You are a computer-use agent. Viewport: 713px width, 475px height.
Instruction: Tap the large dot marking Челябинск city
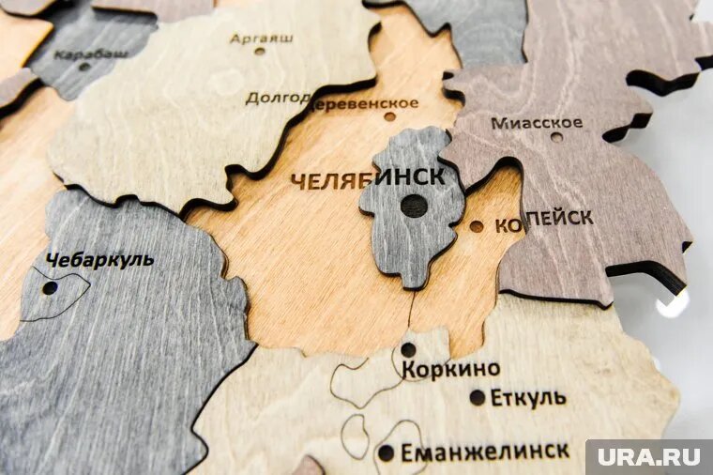point(414,206)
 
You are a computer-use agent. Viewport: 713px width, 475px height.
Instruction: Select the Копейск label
point(543,220)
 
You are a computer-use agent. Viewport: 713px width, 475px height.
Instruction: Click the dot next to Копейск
point(477,226)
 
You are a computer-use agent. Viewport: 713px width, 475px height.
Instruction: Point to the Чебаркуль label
point(99,260)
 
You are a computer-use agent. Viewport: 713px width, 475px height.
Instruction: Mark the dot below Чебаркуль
point(49,288)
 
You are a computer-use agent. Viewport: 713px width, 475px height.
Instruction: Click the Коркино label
point(451,369)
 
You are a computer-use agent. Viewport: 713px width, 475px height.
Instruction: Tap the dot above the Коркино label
point(408,350)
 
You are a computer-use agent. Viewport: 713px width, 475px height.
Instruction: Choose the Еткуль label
point(528,397)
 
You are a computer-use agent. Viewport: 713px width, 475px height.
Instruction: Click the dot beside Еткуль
point(478,397)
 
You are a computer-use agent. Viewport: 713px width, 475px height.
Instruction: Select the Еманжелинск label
point(484,452)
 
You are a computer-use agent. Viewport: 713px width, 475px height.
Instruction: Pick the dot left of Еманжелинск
point(386,452)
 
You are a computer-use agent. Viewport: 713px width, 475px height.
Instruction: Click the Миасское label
point(537,123)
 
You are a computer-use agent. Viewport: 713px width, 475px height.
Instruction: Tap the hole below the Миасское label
point(556,138)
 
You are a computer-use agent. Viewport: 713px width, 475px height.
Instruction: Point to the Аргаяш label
point(262,38)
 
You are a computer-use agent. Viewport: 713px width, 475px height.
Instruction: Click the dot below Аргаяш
point(260,51)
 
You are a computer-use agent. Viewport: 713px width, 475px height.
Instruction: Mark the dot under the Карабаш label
point(84,67)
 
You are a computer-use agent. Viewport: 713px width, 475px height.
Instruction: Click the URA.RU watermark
point(648,457)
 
